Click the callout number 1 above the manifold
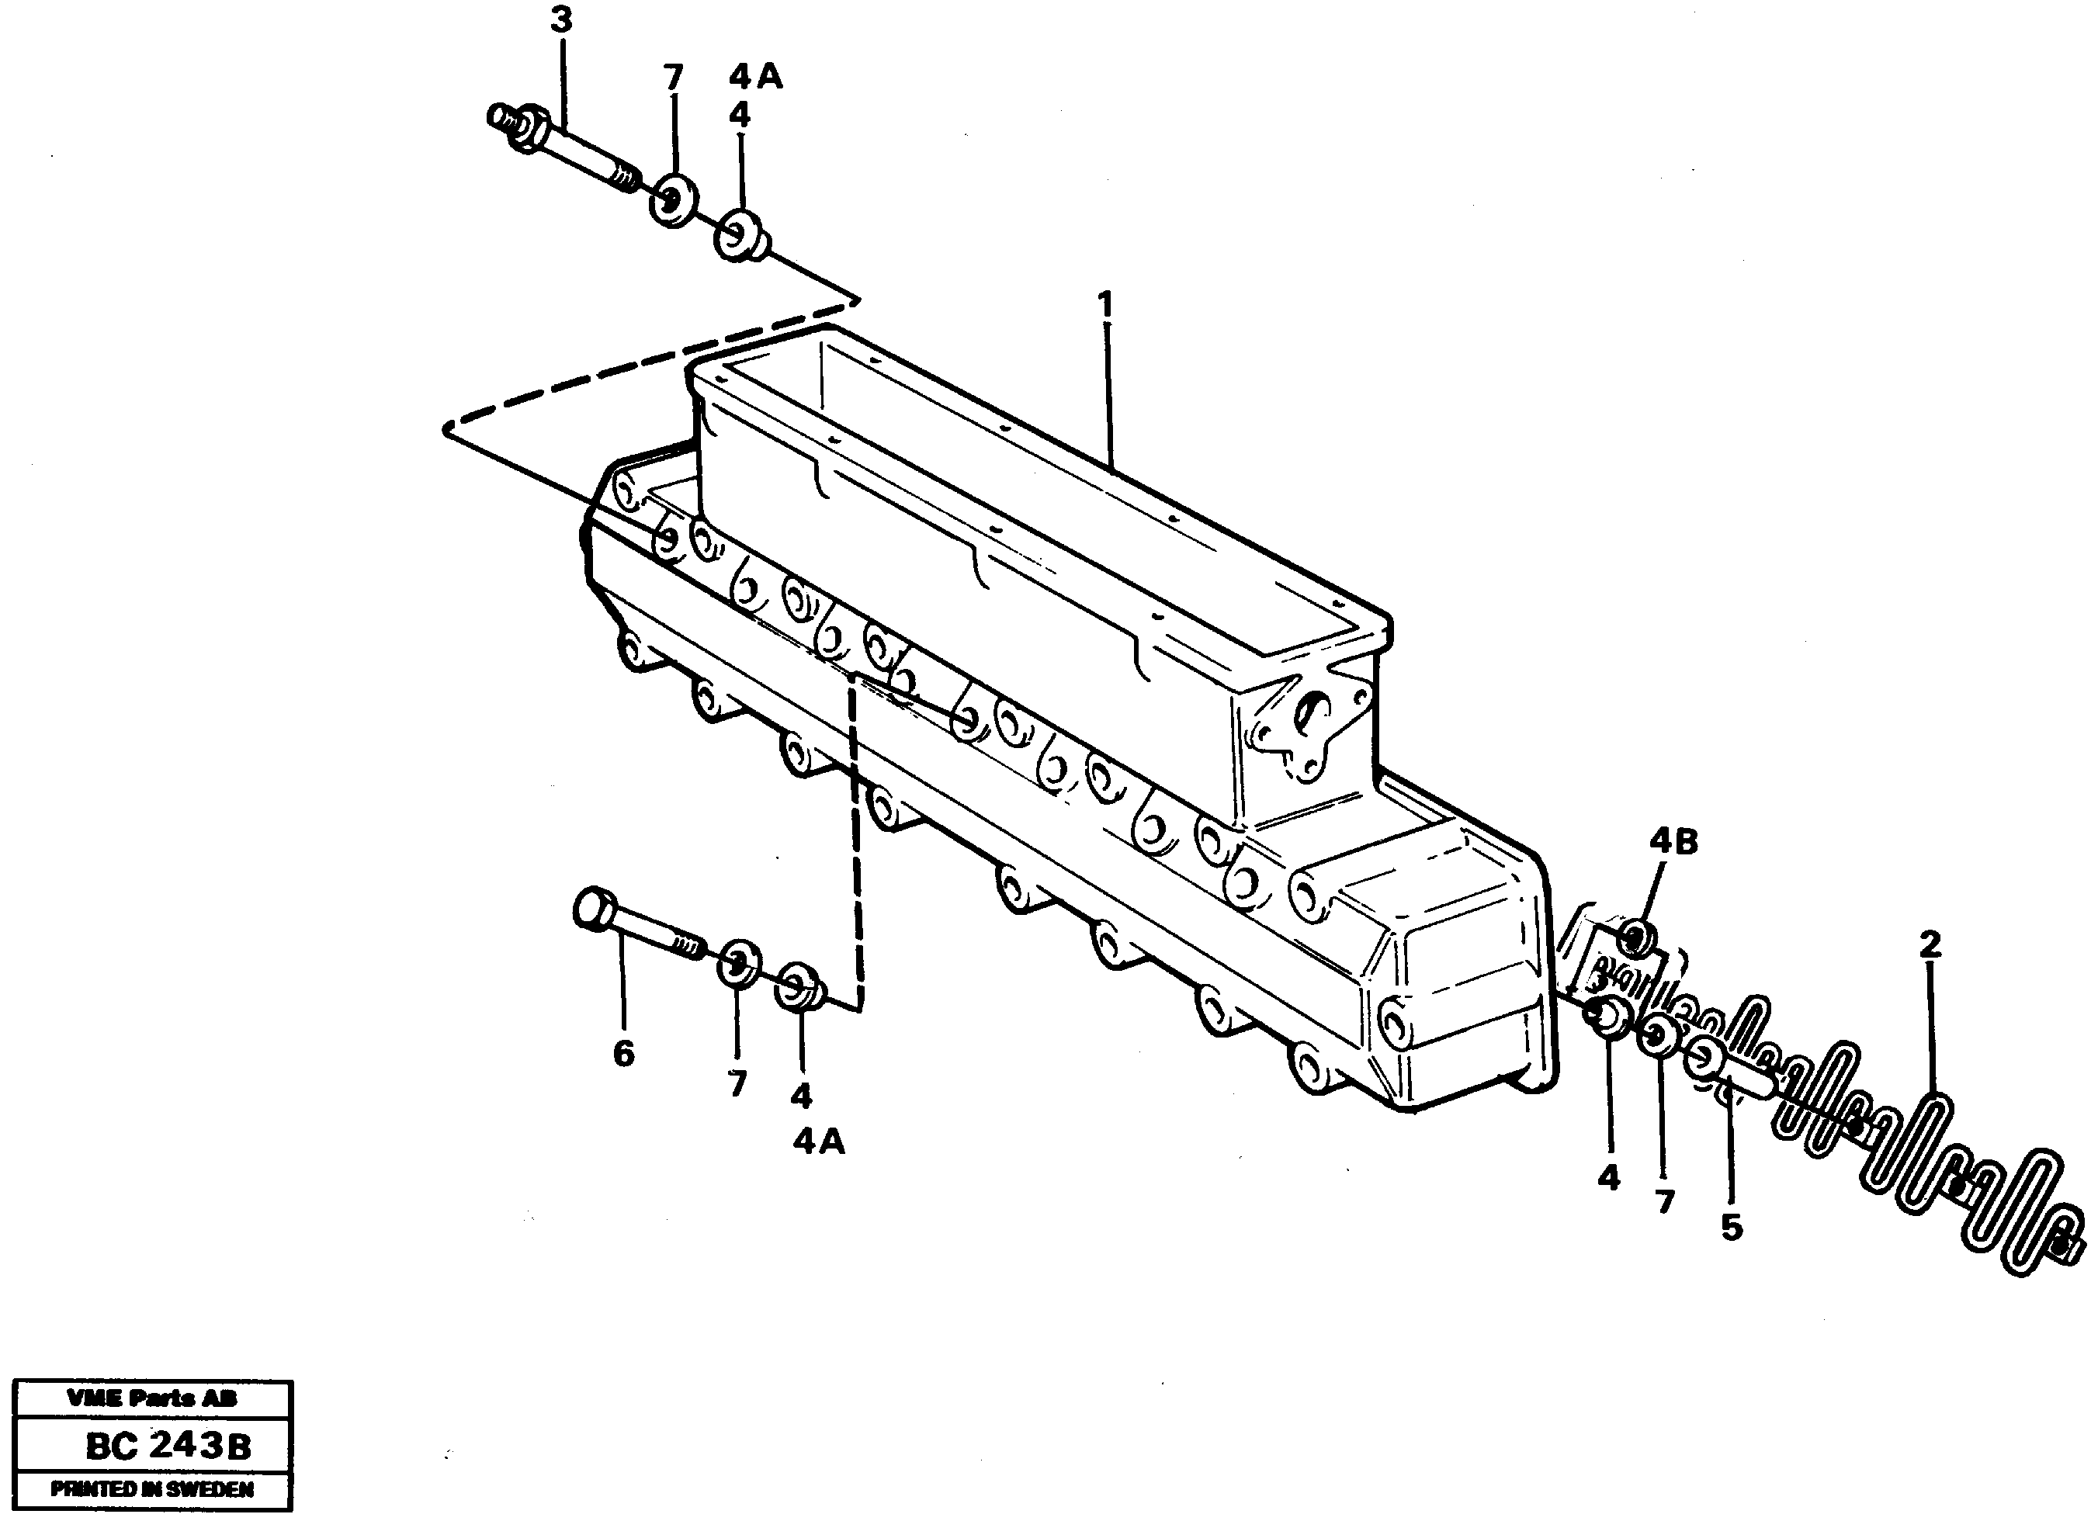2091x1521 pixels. (1104, 305)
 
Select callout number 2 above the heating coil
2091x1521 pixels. (1930, 944)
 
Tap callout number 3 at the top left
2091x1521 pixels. (561, 20)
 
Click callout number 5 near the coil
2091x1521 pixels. (1732, 1227)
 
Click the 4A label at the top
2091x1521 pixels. (755, 78)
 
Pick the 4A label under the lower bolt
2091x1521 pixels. (819, 1142)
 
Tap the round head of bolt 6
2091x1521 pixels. (595, 908)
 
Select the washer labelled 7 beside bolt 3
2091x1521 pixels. (674, 198)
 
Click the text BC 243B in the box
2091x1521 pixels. (168, 1447)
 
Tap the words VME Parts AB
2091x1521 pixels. (152, 1398)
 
